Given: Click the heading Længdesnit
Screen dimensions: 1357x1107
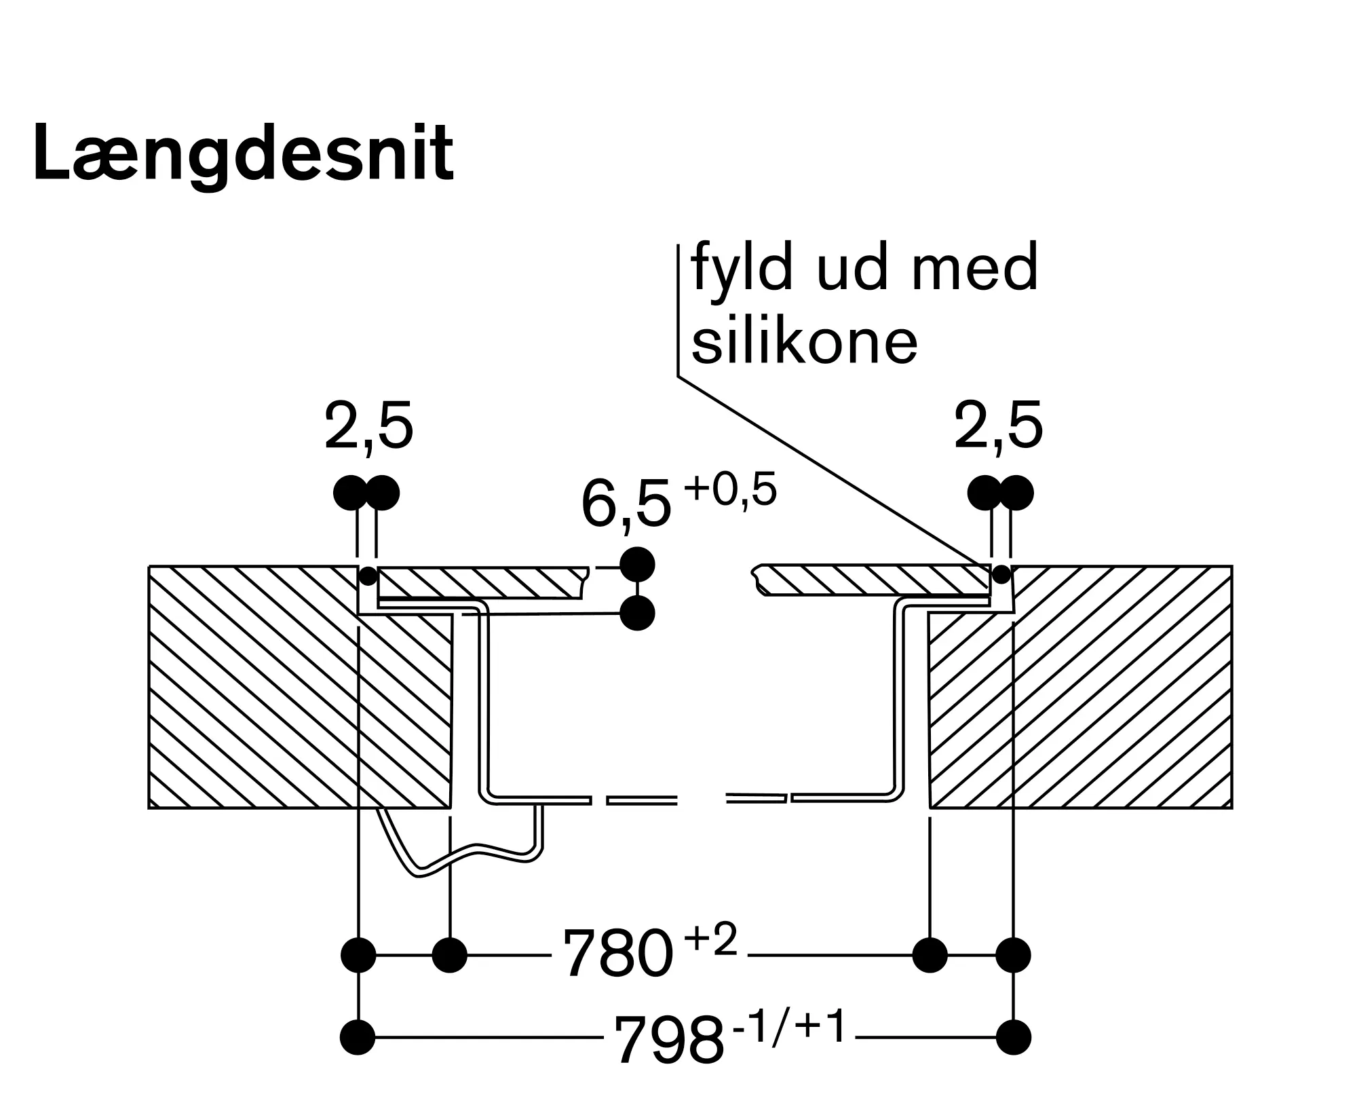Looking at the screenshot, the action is coord(243,153).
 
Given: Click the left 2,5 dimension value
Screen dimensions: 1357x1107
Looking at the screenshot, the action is coord(368,427).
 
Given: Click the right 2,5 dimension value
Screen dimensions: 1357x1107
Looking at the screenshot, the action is coord(998,427).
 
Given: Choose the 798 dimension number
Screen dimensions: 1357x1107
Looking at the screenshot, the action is coord(669,1040).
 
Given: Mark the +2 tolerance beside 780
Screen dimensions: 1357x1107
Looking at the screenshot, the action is coord(710,941).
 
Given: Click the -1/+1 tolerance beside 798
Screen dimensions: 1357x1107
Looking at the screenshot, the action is coord(789,1026).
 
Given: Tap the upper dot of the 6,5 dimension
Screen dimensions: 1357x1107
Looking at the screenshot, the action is coord(637,563).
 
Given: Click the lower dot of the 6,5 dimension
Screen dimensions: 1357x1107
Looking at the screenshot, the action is coord(637,613).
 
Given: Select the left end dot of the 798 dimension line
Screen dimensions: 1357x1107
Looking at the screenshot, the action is coord(358,1037).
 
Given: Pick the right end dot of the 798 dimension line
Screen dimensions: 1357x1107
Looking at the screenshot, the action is coord(1014,1037).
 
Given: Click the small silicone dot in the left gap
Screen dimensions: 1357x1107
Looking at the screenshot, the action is coord(367,576).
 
